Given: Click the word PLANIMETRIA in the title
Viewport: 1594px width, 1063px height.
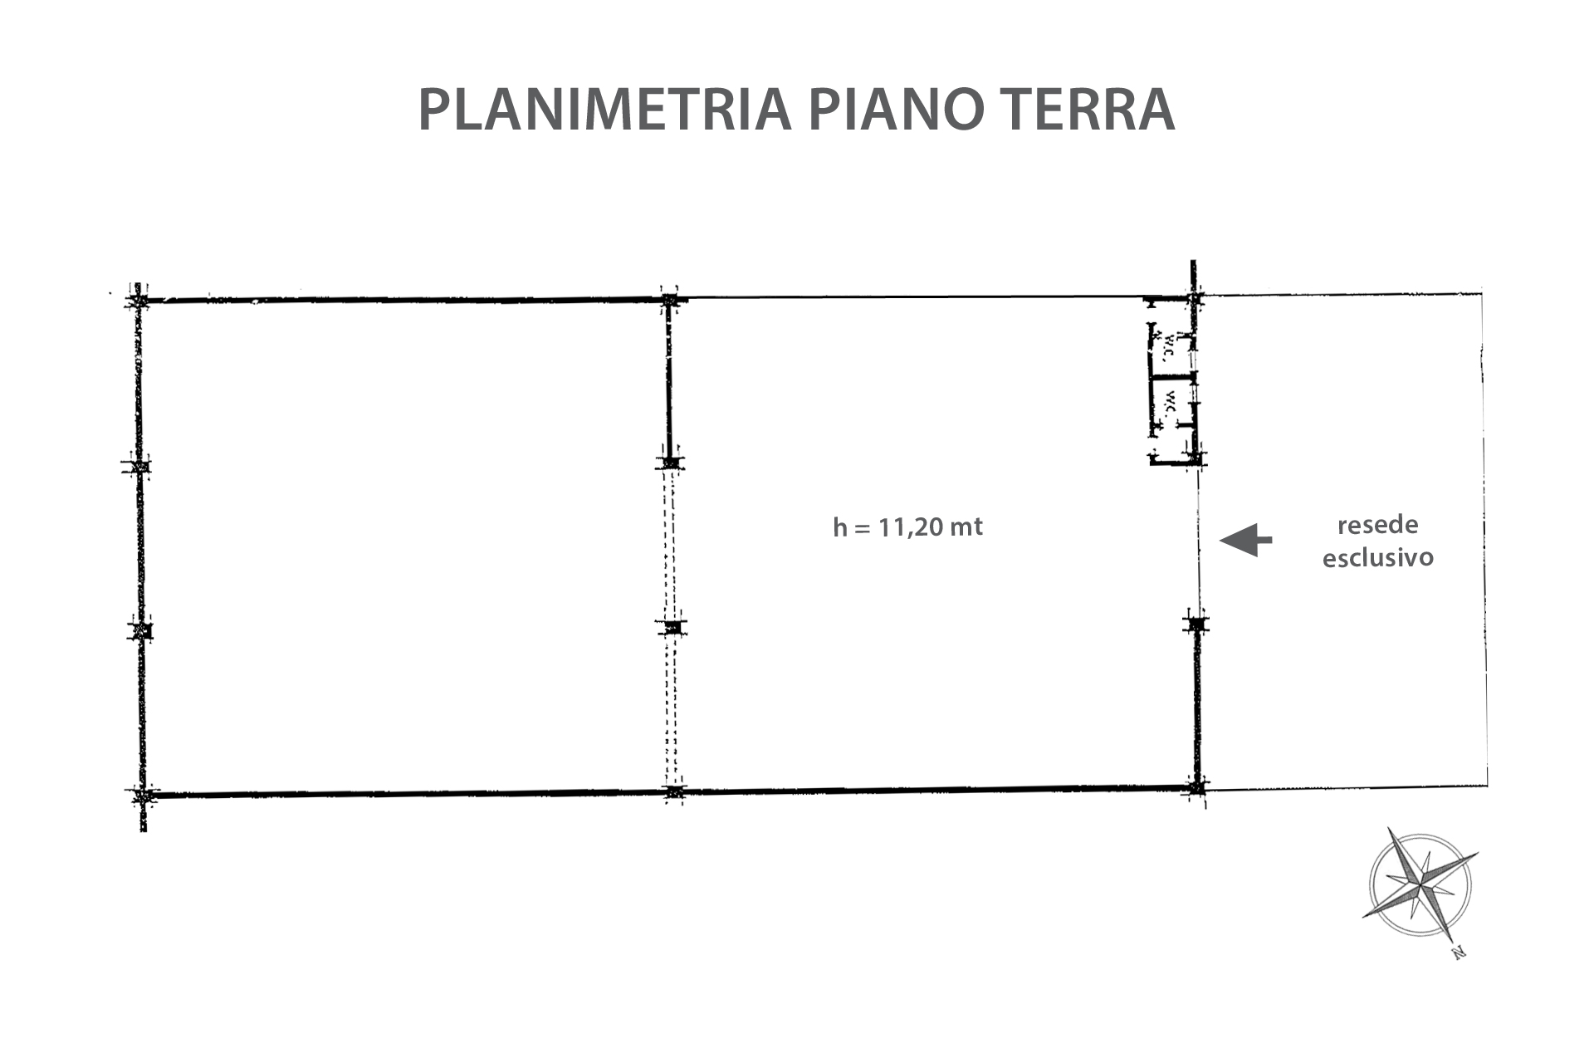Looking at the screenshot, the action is point(604,110).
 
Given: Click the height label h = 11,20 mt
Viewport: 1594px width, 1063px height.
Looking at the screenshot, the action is point(907,527).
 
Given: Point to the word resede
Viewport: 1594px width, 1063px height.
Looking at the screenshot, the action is point(1377,525).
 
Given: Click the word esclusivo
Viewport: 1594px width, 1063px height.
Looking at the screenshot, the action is point(1377,556).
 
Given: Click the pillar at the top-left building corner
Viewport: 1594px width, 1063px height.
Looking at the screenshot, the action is point(138,298).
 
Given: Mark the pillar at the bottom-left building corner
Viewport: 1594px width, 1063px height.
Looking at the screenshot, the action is point(143,796).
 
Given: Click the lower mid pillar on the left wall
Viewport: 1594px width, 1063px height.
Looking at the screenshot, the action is point(141,630).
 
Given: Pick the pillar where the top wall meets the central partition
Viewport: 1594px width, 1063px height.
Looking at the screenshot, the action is point(669,300).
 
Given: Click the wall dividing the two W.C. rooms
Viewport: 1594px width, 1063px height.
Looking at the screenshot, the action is point(1172,378).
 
